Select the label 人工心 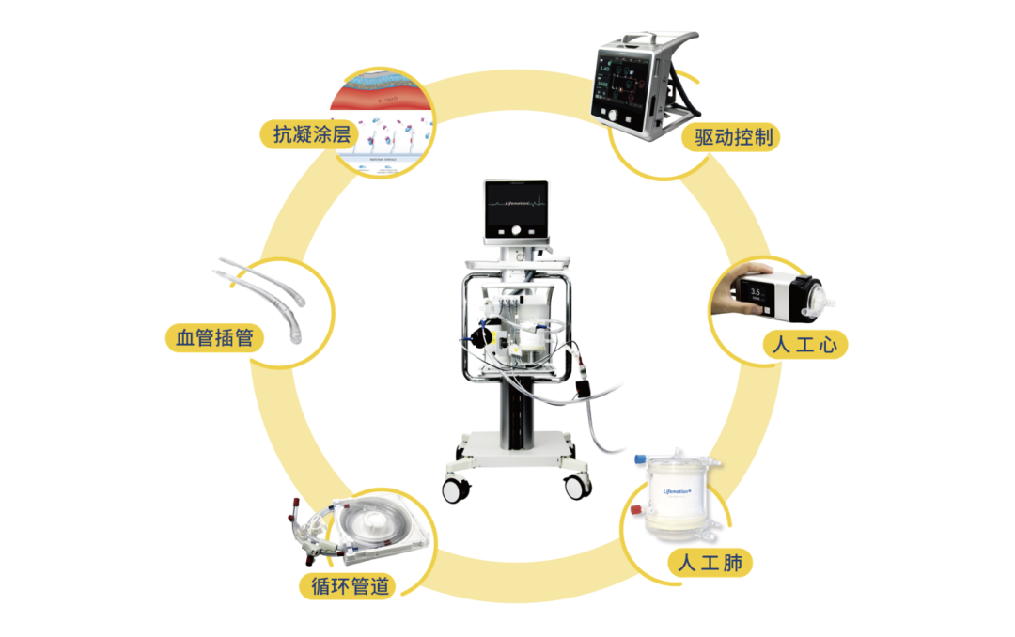tap(804, 345)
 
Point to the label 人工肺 tap(710, 563)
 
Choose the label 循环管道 tap(348, 585)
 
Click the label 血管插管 tap(214, 337)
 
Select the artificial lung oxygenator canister tap(674, 495)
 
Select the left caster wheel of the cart tap(456, 489)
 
